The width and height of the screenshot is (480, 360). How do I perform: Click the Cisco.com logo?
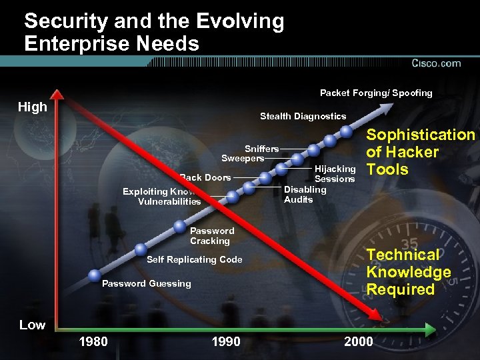pos(436,63)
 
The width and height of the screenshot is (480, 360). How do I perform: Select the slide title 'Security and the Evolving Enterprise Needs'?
pos(154,33)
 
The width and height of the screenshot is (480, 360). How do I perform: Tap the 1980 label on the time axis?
pos(93,342)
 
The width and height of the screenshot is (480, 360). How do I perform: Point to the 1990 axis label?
pos(225,342)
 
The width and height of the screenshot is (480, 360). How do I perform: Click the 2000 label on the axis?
pos(359,342)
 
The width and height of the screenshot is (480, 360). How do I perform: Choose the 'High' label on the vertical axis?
pos(33,107)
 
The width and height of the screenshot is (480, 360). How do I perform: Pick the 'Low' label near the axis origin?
pos(32,325)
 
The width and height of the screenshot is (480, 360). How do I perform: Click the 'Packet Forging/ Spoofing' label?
pos(376,93)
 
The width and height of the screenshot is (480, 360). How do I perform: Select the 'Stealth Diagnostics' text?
pos(303,116)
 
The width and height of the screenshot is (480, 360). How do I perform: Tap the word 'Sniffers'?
pos(261,148)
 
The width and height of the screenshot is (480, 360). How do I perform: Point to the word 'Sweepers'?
pos(243,159)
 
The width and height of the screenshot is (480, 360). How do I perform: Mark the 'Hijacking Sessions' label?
pos(335,174)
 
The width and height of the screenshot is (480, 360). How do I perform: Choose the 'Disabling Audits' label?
pos(305,194)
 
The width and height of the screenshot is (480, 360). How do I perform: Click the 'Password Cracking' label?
pos(212,236)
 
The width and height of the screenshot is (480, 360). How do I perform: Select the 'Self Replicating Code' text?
pos(194,259)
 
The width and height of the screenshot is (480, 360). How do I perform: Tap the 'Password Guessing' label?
pos(146,283)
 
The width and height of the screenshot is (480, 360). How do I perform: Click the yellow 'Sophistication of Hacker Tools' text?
pos(420,152)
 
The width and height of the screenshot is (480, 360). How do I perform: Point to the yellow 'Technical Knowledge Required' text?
pos(408,272)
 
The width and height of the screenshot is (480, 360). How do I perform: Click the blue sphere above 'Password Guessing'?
pos(95,273)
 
